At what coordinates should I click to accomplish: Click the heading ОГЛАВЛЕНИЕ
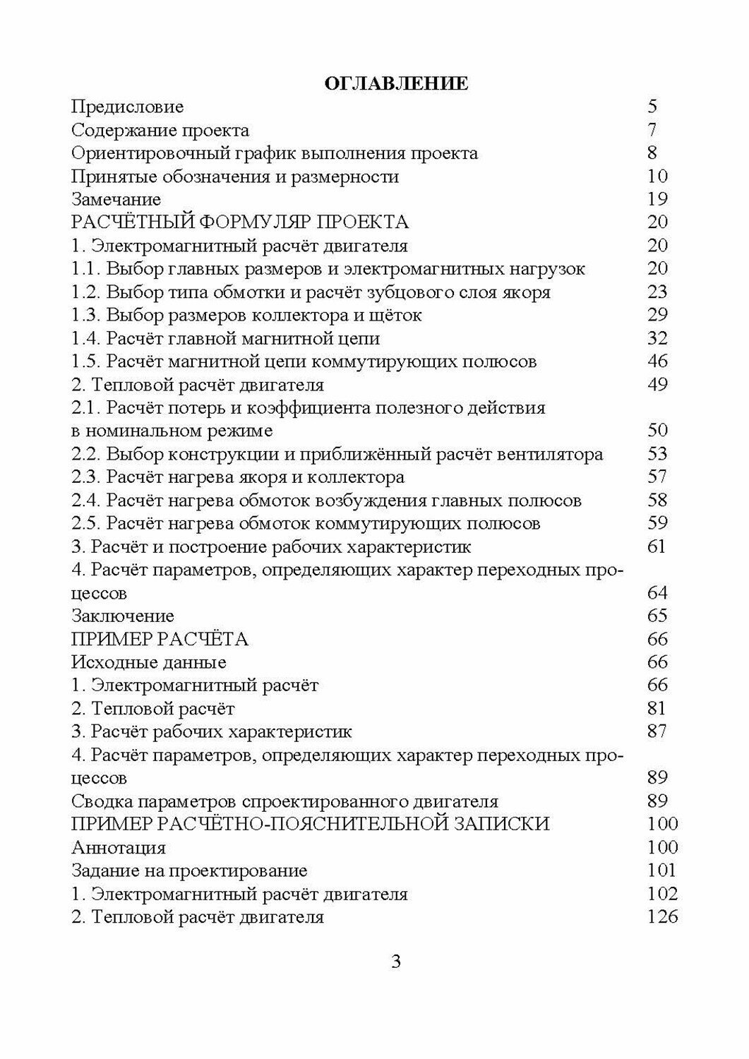[395, 84]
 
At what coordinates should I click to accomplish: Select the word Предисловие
[128, 107]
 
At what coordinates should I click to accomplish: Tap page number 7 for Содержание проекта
[652, 130]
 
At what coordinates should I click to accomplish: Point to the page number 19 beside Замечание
[657, 199]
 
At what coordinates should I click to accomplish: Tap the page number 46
[657, 361]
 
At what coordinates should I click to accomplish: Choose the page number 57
[657, 477]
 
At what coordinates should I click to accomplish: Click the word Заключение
[123, 616]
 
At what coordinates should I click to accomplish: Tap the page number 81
[657, 708]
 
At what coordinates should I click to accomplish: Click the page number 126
[661, 917]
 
